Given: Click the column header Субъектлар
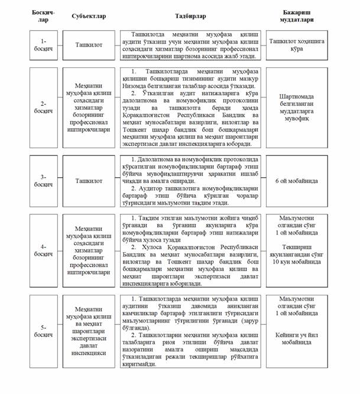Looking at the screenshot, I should click(x=88, y=15).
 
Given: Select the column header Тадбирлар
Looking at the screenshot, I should click(x=190, y=15).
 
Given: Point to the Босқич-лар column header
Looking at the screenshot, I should click(x=44, y=15).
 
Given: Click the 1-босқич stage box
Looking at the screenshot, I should click(x=44, y=45).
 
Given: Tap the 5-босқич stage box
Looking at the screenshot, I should click(x=44, y=331).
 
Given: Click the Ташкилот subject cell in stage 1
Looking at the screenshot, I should click(x=88, y=45).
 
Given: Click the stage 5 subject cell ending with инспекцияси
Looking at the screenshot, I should click(x=88, y=331).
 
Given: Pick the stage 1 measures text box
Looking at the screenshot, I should click(x=190, y=45).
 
